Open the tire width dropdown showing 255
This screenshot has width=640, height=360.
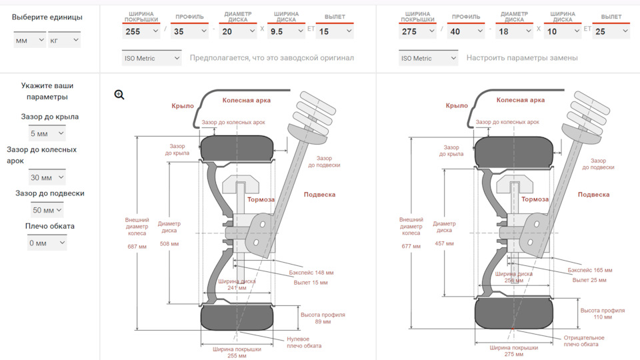pyautogui.click(x=141, y=31)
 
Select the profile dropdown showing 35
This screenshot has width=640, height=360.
pyautogui.click(x=189, y=31)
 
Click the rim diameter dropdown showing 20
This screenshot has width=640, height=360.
pyautogui.click(x=238, y=31)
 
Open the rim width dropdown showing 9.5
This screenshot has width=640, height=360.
pyautogui.click(x=286, y=31)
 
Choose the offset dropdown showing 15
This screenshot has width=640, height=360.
pyautogui.click(x=335, y=31)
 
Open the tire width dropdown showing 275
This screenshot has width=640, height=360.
pyautogui.click(x=417, y=31)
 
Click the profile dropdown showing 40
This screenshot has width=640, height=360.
pyautogui.click(x=466, y=31)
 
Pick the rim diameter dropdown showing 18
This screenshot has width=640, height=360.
pyautogui.click(x=514, y=31)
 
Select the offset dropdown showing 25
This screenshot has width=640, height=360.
pyautogui.click(x=611, y=31)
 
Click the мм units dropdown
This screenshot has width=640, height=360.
pyautogui.click(x=30, y=40)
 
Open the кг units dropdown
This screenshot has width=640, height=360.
pyautogui.click(x=64, y=40)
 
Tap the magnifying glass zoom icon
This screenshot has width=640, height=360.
pyautogui.click(x=119, y=95)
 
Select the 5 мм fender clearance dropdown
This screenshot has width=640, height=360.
pyautogui.click(x=47, y=133)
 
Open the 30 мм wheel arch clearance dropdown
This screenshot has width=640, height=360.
pyautogui.click(x=47, y=177)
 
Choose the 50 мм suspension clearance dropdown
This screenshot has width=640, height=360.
pyautogui.click(x=47, y=210)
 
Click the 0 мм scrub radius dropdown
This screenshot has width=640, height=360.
pyautogui.click(x=47, y=243)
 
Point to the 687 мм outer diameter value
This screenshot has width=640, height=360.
pyautogui.click(x=137, y=247)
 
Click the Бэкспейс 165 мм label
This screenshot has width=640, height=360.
pyautogui.click(x=590, y=270)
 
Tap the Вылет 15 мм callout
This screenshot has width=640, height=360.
pyautogui.click(x=311, y=283)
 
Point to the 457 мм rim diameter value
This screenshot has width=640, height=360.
pyautogui.click(x=444, y=243)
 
